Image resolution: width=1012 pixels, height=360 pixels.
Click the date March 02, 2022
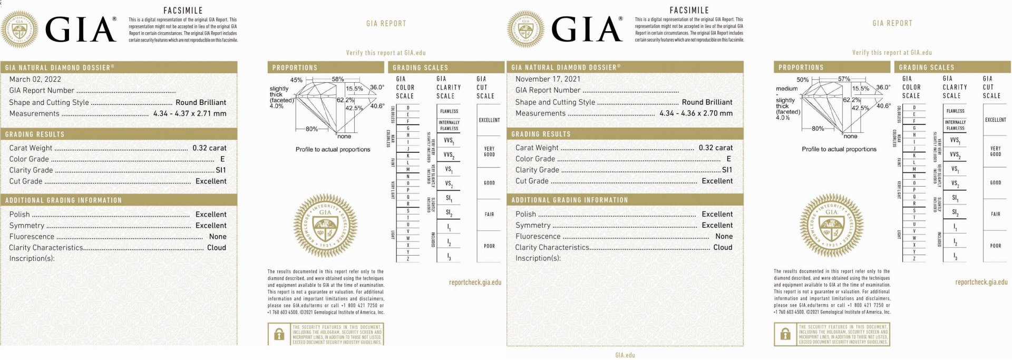point(35,79)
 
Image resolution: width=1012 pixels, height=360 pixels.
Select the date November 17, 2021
point(548,79)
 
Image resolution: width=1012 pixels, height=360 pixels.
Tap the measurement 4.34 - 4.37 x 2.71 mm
point(190,113)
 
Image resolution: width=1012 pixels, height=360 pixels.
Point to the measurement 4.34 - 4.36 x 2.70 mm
point(696,113)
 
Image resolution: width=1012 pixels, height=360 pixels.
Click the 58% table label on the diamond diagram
point(338,80)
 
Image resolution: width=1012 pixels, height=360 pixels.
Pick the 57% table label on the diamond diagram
point(844,79)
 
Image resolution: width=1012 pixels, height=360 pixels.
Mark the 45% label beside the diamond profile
point(296,80)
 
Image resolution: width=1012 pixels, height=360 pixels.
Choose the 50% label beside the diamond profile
point(802,80)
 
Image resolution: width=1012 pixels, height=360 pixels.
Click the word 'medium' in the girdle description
point(786,89)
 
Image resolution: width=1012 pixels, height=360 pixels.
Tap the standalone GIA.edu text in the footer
point(625,355)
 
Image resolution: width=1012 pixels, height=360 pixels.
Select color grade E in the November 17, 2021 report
point(728,159)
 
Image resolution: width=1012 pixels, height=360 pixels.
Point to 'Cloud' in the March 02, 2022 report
point(216,247)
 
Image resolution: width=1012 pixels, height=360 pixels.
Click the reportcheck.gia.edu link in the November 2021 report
point(981,282)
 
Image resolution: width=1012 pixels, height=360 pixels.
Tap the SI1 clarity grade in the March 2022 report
point(221,170)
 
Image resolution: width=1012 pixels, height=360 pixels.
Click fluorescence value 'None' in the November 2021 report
point(724,236)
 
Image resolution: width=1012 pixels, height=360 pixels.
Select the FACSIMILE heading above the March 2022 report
point(182,11)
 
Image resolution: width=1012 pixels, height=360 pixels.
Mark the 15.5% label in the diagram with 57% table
point(860,89)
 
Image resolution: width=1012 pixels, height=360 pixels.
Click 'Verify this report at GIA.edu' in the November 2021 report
point(892,53)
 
